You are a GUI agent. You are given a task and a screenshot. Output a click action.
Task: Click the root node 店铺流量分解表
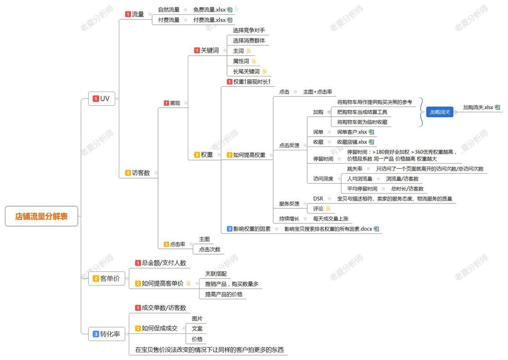pyautogui.click(x=41, y=216)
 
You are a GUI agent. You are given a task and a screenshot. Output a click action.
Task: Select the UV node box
pyautogui.click(x=102, y=99)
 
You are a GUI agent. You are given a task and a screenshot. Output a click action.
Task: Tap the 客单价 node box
pyautogui.click(x=107, y=279)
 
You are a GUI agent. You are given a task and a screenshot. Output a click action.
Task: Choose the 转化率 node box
pyautogui.click(x=107, y=334)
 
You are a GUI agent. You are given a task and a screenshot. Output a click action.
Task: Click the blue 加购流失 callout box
pyautogui.click(x=440, y=112)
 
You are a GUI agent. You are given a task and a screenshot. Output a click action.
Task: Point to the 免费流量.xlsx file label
pyautogui.click(x=209, y=10)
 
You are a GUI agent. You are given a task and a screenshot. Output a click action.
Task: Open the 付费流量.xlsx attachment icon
pyautogui.click(x=230, y=20)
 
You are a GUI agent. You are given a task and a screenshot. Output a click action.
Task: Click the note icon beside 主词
pyautogui.click(x=249, y=51)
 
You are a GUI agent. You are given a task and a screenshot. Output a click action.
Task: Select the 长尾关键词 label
pyautogui.click(x=246, y=72)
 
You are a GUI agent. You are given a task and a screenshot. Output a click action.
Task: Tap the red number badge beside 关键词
pyautogui.click(x=197, y=50)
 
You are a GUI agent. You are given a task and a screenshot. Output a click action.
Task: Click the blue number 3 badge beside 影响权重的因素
pyautogui.click(x=230, y=229)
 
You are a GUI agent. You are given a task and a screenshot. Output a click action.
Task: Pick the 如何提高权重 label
pyautogui.click(x=249, y=155)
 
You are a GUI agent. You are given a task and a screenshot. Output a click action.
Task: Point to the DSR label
pyautogui.click(x=318, y=198)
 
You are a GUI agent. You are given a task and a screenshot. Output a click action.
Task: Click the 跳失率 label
pyautogui.click(x=355, y=169)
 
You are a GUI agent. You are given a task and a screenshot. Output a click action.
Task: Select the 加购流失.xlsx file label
pyautogui.click(x=478, y=107)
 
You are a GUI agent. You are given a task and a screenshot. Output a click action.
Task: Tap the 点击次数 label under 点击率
pyautogui.click(x=209, y=249)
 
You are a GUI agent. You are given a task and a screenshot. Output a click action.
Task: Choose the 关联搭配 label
pyautogui.click(x=216, y=274)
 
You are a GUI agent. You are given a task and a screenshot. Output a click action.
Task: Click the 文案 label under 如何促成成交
pyautogui.click(x=197, y=328)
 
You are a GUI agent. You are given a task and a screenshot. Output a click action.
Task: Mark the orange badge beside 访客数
pyautogui.click(x=128, y=173)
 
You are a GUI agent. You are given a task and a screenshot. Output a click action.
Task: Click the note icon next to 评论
pyautogui.click(x=328, y=208)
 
